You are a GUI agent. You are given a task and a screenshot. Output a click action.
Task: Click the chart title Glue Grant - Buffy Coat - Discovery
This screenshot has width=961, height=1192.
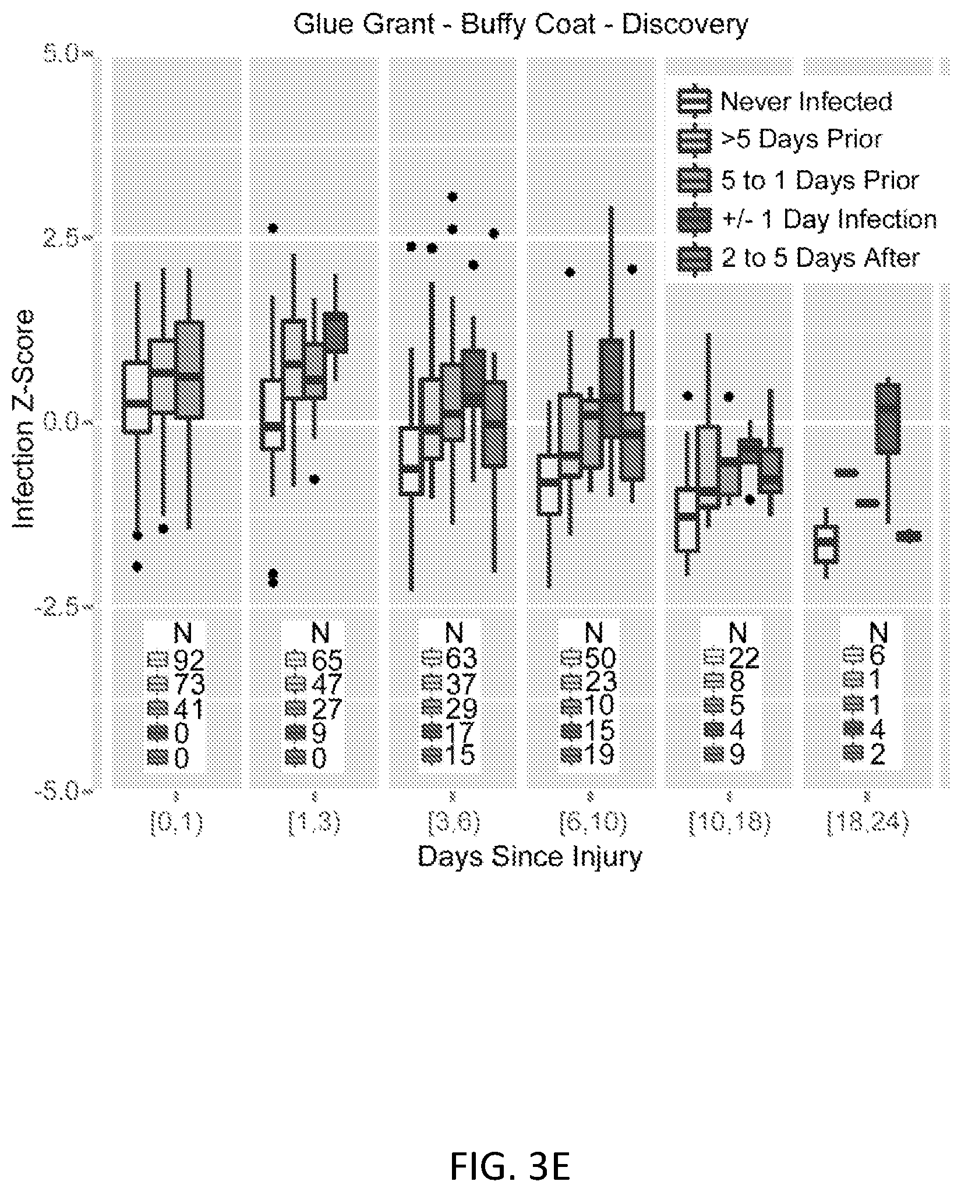(x=520, y=25)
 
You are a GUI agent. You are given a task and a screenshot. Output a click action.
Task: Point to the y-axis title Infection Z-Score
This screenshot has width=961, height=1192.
(x=24, y=419)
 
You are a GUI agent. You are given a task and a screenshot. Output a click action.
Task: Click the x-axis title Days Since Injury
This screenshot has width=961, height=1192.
(x=529, y=857)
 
